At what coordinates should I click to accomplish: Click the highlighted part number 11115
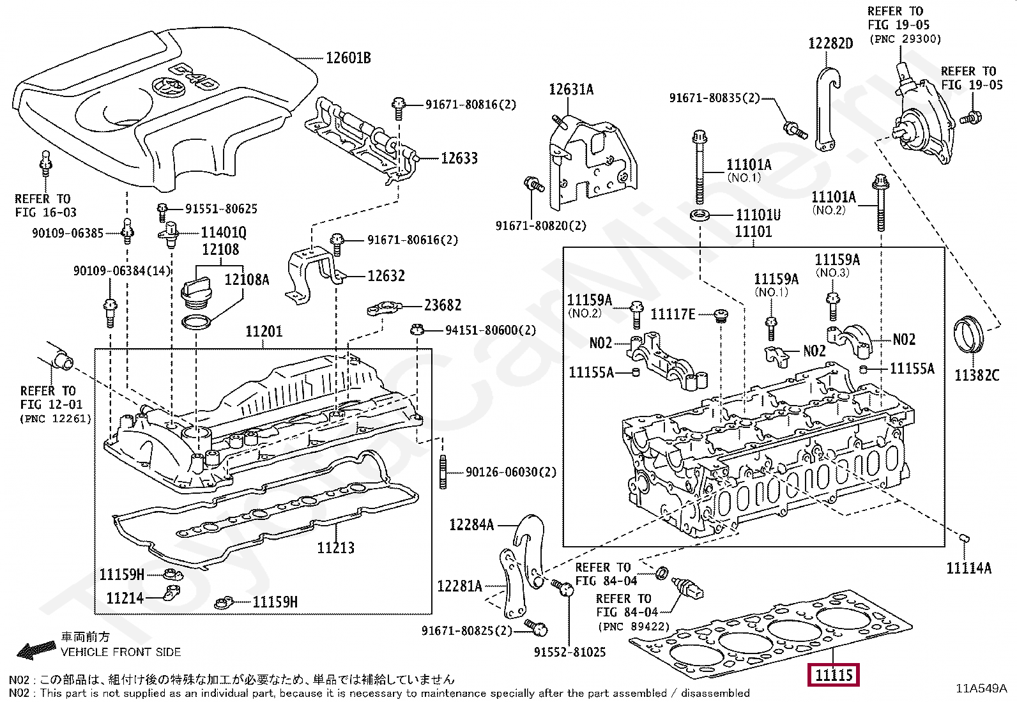click(834, 675)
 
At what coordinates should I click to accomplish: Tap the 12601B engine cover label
click(348, 58)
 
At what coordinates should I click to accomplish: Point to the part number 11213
click(335, 547)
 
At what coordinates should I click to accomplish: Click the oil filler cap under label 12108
click(196, 296)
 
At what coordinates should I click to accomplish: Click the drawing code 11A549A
click(981, 689)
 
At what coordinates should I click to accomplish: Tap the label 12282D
click(831, 43)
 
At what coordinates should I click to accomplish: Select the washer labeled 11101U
click(702, 215)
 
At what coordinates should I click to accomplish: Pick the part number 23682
click(443, 305)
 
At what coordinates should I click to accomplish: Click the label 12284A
click(471, 525)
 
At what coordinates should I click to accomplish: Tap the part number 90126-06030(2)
click(511, 472)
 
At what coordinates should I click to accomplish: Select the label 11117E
click(673, 314)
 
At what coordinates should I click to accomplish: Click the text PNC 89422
click(634, 627)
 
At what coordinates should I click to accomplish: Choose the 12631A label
click(571, 89)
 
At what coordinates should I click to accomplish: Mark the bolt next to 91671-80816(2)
click(398, 107)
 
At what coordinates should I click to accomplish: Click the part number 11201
click(264, 332)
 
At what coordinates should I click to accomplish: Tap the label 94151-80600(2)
click(491, 330)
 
